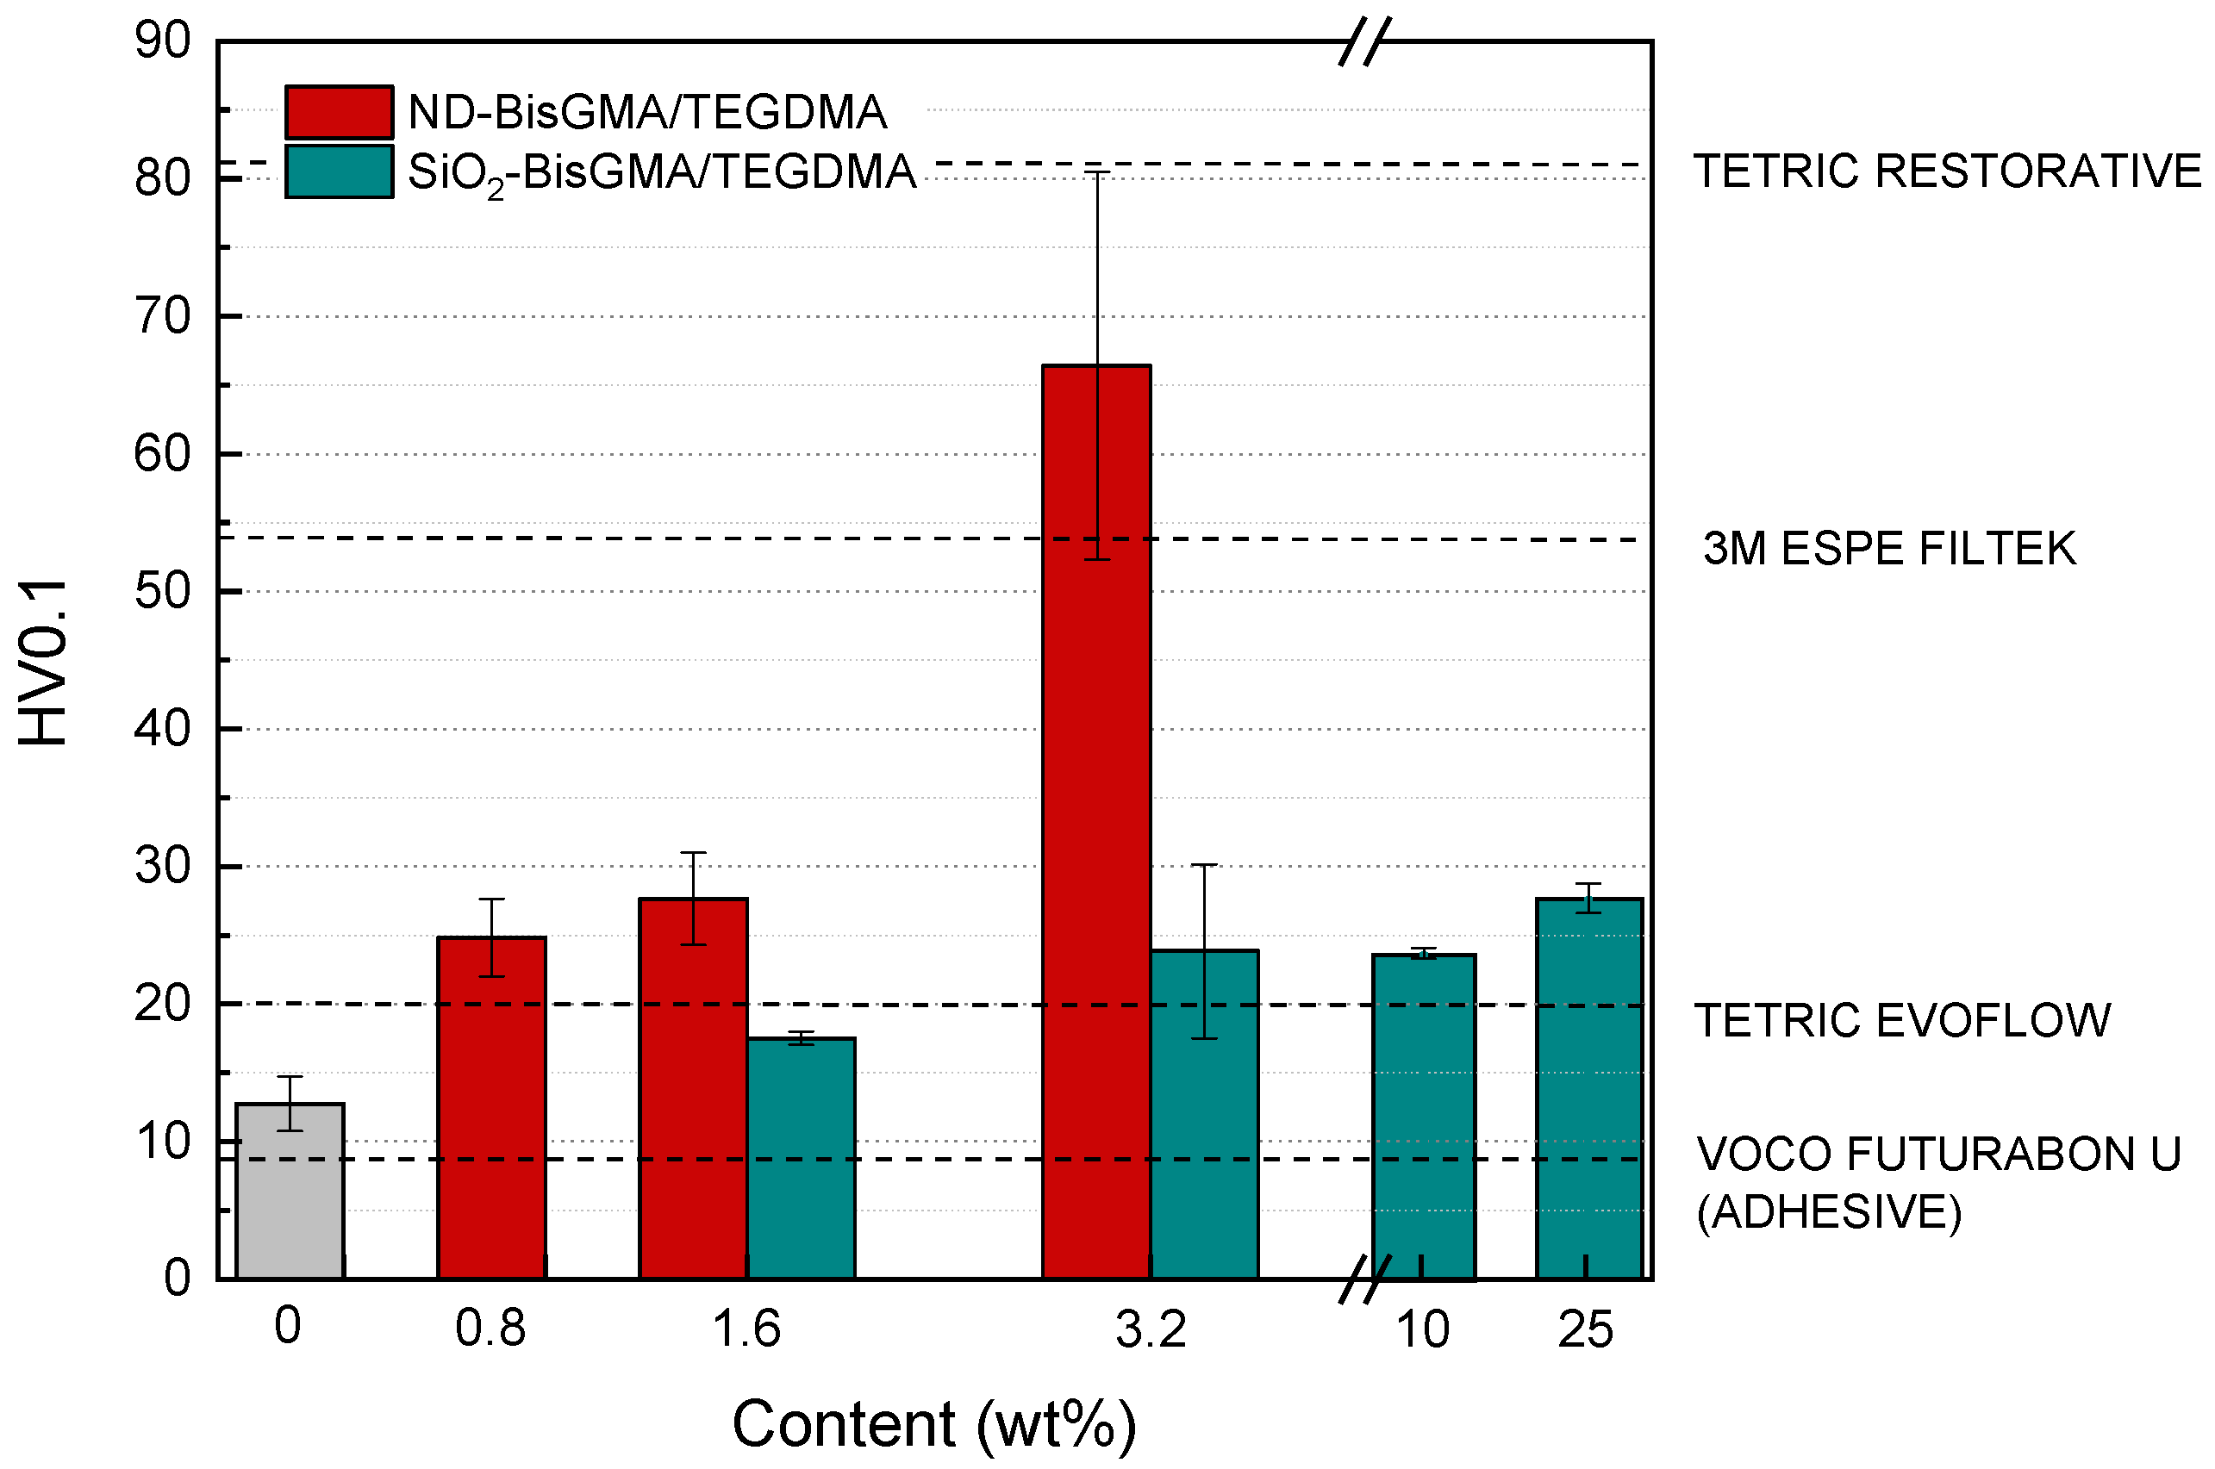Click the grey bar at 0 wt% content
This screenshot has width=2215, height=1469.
(x=290, y=1192)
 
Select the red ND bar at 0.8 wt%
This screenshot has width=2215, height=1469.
(x=492, y=1108)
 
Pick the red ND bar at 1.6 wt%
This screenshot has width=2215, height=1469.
(x=693, y=1089)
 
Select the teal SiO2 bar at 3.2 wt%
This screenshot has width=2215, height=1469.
(x=1204, y=1115)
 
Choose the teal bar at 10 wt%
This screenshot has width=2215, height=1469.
(x=1423, y=1117)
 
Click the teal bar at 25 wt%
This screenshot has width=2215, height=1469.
(x=1589, y=1089)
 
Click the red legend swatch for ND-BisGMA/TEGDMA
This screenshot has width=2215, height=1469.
(x=340, y=112)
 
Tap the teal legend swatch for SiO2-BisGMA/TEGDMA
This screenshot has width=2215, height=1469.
(x=340, y=171)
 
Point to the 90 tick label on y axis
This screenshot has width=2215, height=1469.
(x=162, y=40)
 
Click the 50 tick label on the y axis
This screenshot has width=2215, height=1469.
(x=162, y=591)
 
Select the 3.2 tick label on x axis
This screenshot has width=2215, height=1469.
(x=1151, y=1329)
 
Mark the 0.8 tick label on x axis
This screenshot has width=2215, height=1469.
(x=490, y=1329)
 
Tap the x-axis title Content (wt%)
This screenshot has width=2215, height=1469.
(x=934, y=1424)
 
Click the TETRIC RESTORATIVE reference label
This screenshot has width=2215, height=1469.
(x=1947, y=171)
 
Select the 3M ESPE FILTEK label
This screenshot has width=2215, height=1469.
(x=1889, y=548)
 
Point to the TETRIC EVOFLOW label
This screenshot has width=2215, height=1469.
(x=1903, y=1020)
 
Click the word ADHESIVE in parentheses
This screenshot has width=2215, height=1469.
(x=1829, y=1212)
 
